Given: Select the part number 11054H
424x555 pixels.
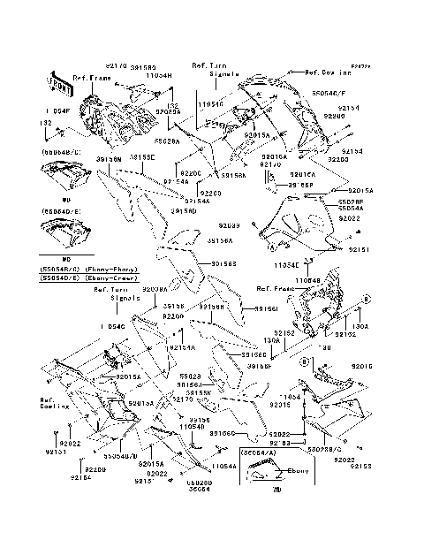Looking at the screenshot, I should coord(158,77).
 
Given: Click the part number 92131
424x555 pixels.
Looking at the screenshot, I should coord(57,451).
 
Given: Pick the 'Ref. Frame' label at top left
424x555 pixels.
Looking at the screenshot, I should coord(90,78).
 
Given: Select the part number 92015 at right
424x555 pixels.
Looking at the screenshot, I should coord(362,365).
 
